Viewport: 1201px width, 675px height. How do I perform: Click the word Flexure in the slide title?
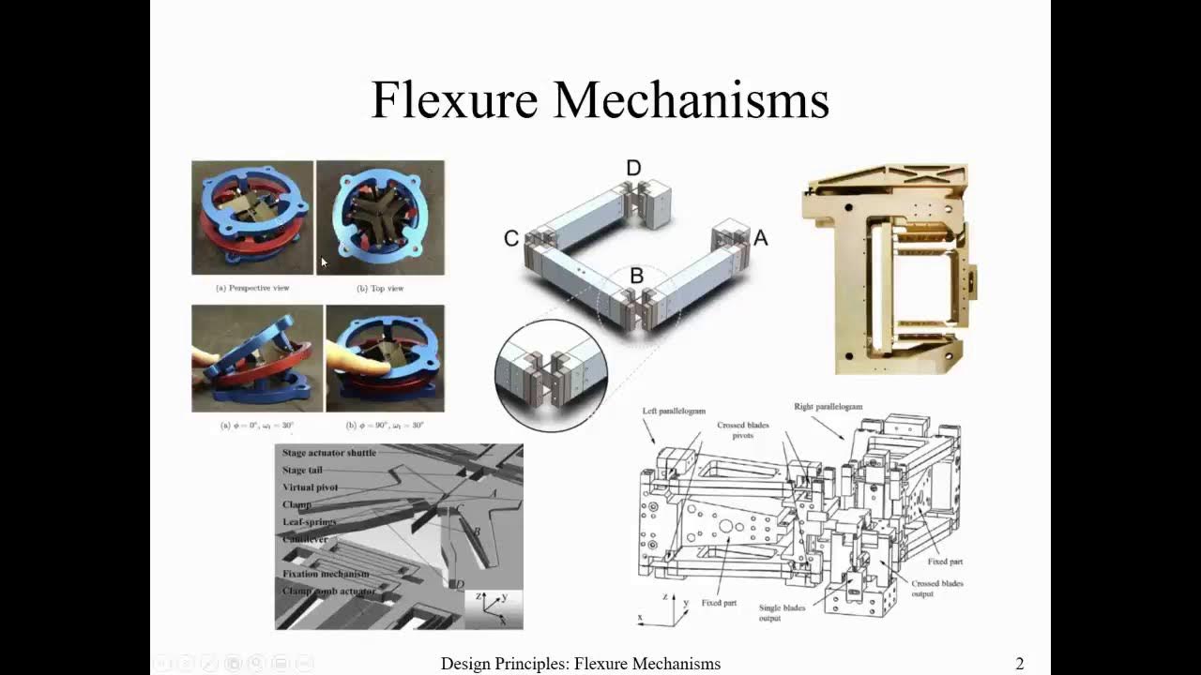pos(454,99)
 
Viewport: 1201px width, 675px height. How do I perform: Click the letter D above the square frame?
pos(633,169)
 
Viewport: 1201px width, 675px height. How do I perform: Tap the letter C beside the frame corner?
pos(511,239)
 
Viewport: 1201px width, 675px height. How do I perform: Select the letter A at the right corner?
pos(760,238)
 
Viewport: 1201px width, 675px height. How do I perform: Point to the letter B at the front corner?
pos(636,277)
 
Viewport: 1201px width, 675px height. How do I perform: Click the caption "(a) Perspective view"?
pos(252,288)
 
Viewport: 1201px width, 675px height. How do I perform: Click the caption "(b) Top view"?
pos(380,288)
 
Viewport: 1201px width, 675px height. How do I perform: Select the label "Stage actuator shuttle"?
pos(329,453)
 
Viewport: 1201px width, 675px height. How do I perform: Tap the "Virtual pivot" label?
pos(311,487)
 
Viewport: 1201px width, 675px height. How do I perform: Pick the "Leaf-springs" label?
pos(310,522)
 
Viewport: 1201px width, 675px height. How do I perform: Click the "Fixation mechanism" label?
pos(326,574)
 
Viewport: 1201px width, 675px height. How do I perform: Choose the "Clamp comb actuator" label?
pos(328,592)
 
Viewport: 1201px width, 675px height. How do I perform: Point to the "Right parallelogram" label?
pos(828,407)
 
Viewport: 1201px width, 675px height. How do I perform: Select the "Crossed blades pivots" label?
pos(743,431)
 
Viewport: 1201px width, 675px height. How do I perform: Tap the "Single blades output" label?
pos(783,613)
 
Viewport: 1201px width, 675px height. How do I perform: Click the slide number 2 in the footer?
pos(1020,664)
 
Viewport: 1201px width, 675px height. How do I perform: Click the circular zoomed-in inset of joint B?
pos(551,375)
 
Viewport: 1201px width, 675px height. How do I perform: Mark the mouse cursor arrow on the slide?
pos(324,263)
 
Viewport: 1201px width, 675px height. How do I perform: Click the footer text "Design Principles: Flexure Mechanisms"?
pos(581,664)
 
